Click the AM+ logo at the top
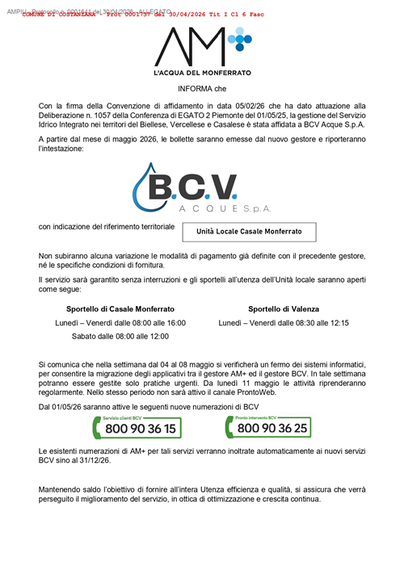click(202, 47)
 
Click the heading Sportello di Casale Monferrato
click(120, 309)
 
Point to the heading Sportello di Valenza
click(284, 309)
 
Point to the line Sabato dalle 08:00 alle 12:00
click(120, 336)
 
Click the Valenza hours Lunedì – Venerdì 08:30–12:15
click(284, 323)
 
